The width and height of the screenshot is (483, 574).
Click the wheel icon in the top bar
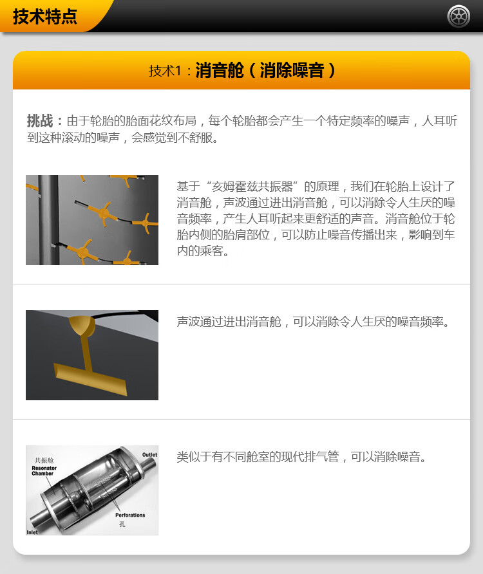pyautogui.click(x=459, y=16)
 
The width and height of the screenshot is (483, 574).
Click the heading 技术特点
pyautogui.click(x=45, y=17)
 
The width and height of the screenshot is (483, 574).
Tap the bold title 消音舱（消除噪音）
pyautogui.click(x=265, y=70)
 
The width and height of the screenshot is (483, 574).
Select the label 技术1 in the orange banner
pyautogui.click(x=165, y=71)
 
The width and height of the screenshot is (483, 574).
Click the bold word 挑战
pyautogui.click(x=40, y=120)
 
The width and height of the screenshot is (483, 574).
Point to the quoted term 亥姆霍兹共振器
pyautogui.click(x=252, y=187)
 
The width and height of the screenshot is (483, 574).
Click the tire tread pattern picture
pyautogui.click(x=92, y=220)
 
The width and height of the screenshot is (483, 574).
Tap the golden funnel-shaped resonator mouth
pyautogui.click(x=82, y=326)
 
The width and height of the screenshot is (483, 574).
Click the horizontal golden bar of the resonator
pyautogui.click(x=90, y=379)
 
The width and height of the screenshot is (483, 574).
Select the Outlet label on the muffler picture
pyautogui.click(x=149, y=455)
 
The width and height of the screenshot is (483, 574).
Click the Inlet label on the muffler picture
pyautogui.click(x=32, y=532)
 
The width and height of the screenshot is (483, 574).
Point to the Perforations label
pyautogui.click(x=130, y=515)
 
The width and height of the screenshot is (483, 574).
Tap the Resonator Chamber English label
pyautogui.click(x=44, y=471)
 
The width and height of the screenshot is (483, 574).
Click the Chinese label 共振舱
pyautogui.click(x=44, y=460)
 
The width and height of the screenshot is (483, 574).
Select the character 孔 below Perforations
pyautogui.click(x=122, y=524)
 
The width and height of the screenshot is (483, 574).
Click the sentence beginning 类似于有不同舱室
pyautogui.click(x=301, y=457)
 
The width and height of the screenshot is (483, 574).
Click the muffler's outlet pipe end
pyautogui.click(x=150, y=464)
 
